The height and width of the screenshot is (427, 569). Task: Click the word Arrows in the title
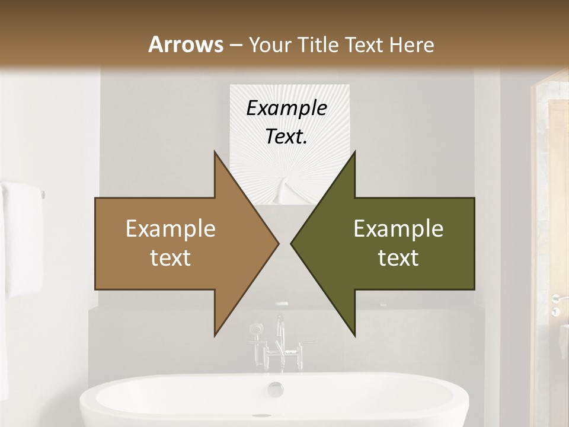click(185, 45)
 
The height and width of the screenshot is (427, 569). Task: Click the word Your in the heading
click(269, 45)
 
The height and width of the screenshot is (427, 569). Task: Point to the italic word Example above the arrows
click(286, 108)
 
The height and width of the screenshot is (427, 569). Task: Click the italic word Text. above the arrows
click(286, 137)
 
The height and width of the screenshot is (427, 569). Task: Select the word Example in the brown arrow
click(171, 229)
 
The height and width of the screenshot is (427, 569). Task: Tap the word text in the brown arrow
click(171, 257)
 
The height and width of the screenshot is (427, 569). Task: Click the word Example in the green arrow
click(398, 229)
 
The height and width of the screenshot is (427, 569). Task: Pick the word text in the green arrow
click(398, 257)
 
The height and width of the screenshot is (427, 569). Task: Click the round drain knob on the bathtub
click(276, 389)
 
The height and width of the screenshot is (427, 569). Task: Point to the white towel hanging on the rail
click(20, 237)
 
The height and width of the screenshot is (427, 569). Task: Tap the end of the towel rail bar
click(43, 193)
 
